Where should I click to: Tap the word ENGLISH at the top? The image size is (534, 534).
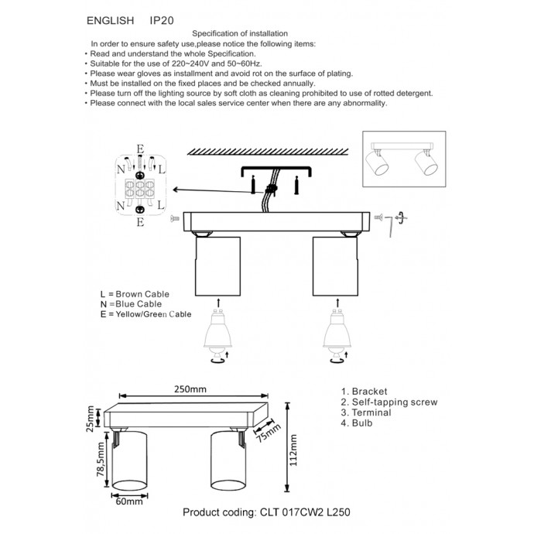point(109,19)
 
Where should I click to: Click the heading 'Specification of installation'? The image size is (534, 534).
point(240,34)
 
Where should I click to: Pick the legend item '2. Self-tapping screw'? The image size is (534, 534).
point(389,402)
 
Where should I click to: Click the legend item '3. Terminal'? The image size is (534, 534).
point(366,413)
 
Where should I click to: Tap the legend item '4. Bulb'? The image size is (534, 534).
point(357,424)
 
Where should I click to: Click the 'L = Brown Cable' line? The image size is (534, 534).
point(135,295)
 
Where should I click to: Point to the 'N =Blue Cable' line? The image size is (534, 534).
point(131,305)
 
